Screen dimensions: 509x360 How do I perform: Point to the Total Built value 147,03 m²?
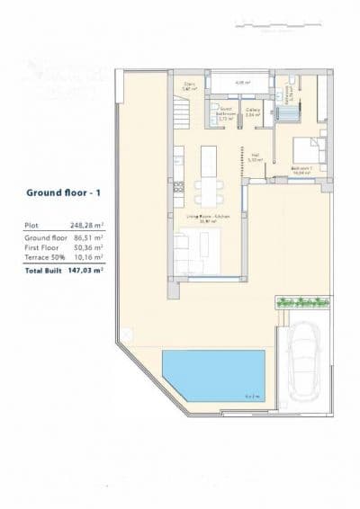coord(85,269)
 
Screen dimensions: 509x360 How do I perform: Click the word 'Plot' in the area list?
coord(32,226)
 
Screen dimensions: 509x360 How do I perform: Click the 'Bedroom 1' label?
coord(302,167)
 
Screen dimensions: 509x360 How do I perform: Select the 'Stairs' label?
coord(189,86)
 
